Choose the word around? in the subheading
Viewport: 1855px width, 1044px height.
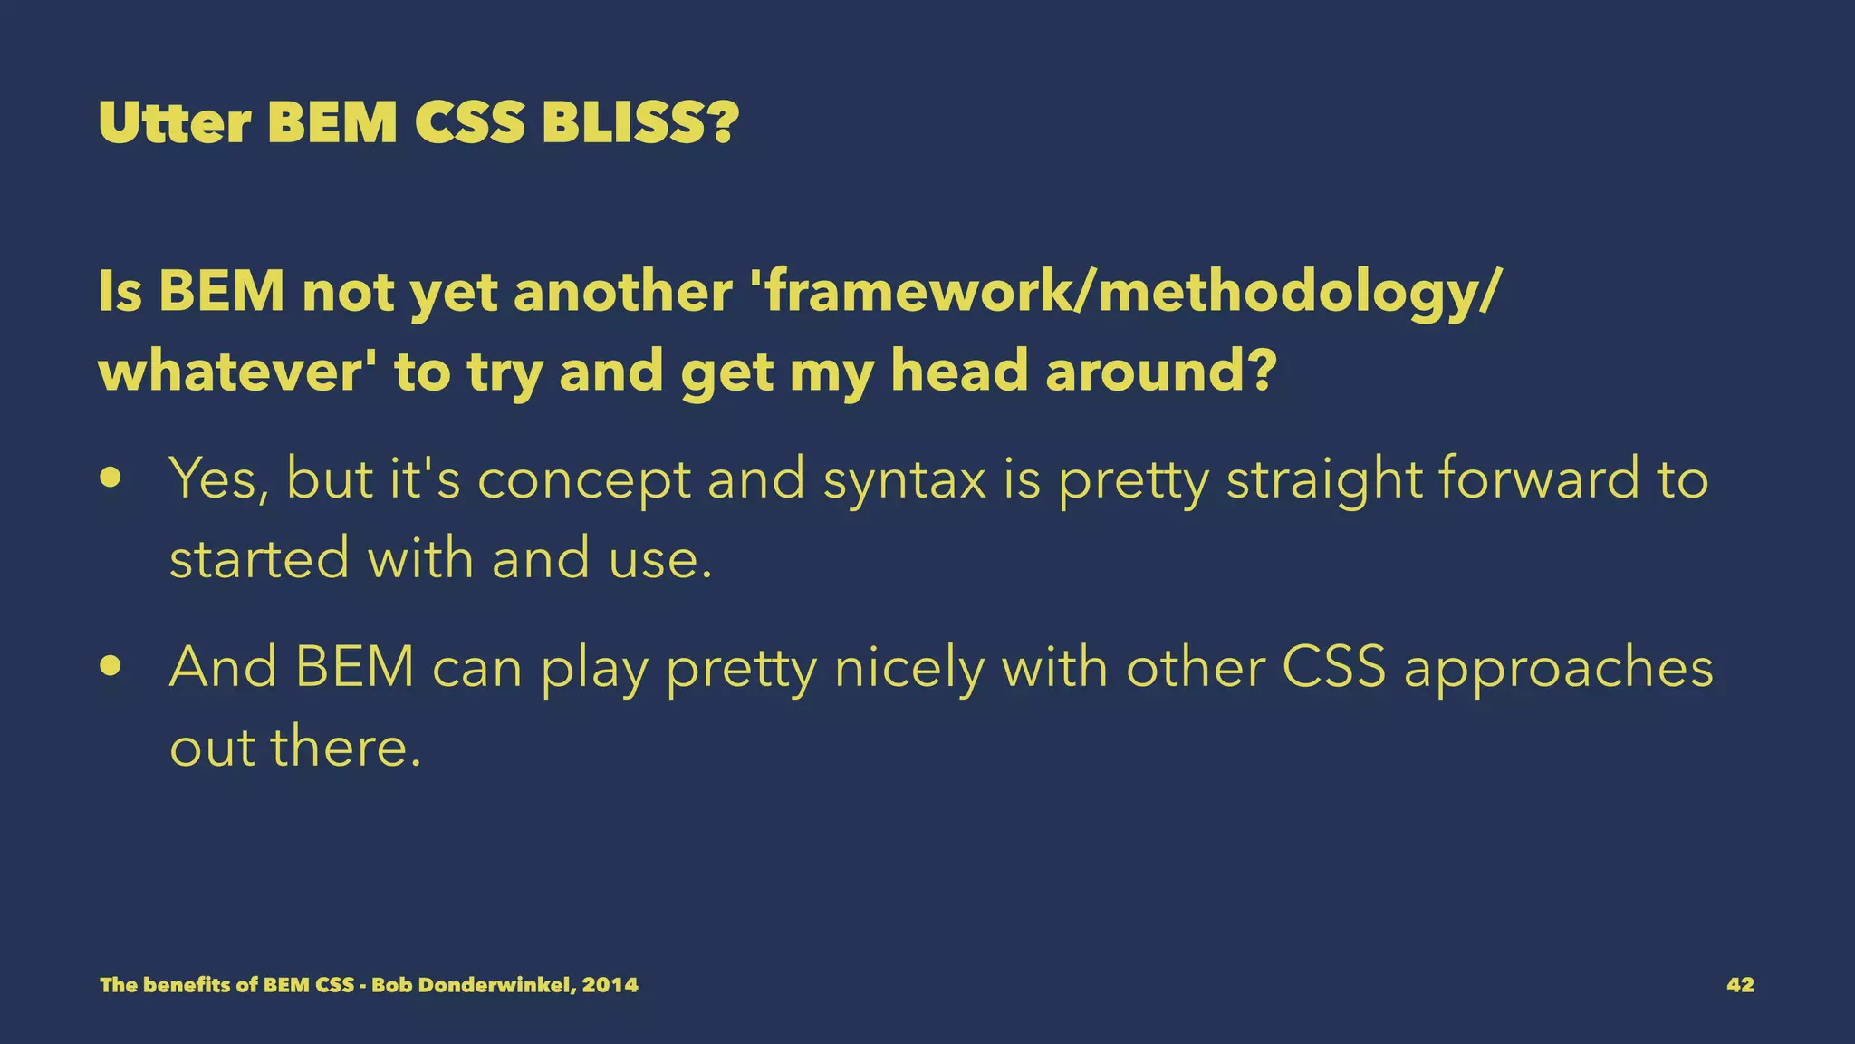coord(1161,372)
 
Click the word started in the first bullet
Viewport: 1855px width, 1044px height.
coord(259,558)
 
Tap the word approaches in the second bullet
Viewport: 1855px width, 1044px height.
coord(1558,669)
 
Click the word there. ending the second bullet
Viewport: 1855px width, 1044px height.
coord(346,749)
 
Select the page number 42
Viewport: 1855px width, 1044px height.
coord(1740,985)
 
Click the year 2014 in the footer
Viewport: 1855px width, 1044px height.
coord(610,985)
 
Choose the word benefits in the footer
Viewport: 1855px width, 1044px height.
coord(187,985)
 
